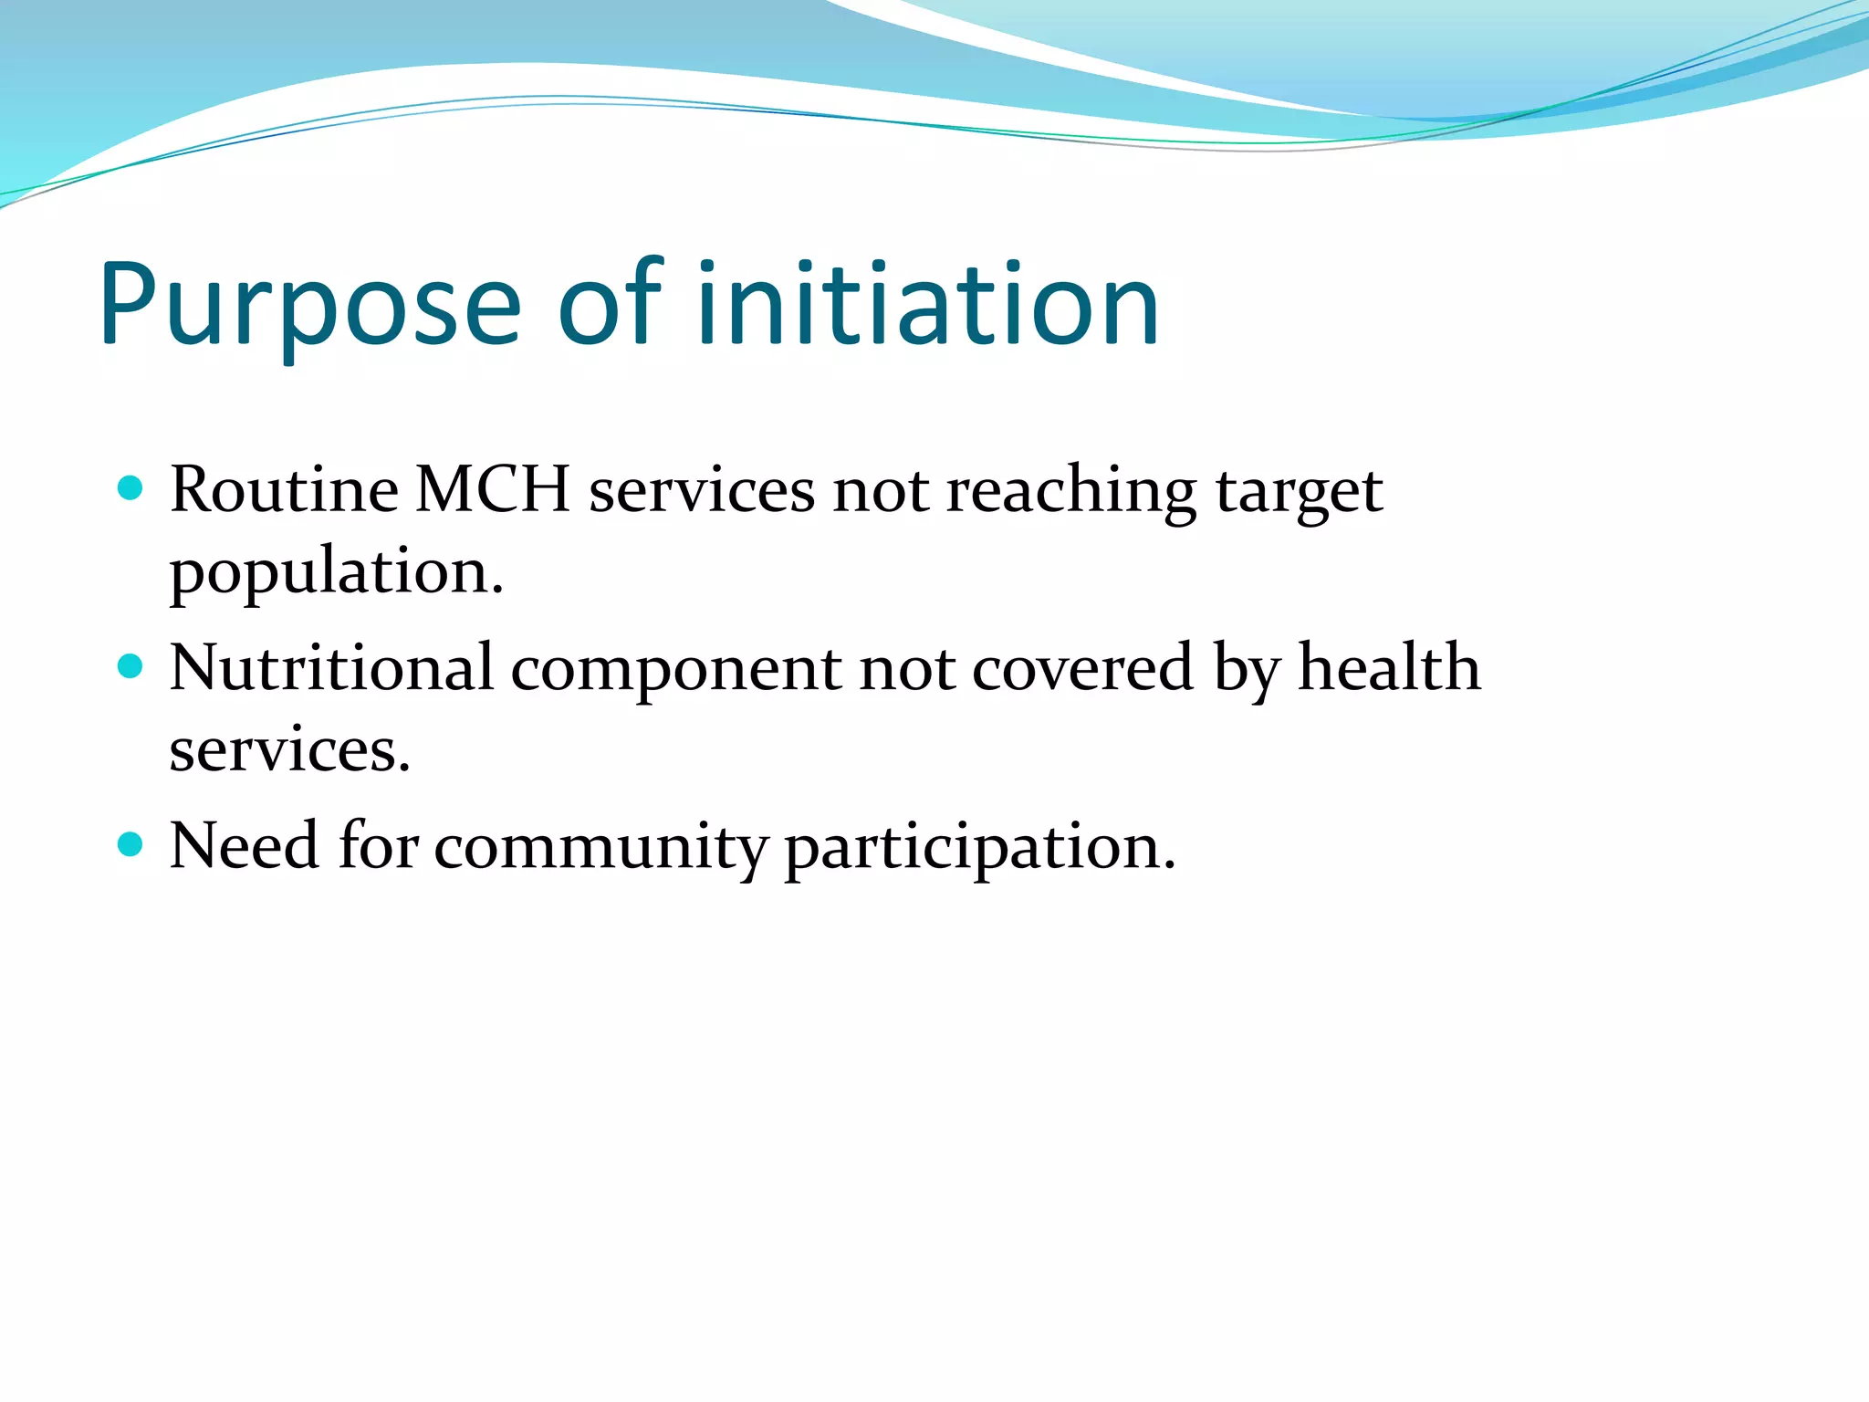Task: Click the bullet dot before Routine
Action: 131,488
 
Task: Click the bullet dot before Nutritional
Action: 131,666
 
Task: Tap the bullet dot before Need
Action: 131,844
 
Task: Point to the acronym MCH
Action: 493,489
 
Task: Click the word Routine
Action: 284,489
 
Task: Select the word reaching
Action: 1070,493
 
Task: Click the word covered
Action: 1082,668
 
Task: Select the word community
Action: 601,848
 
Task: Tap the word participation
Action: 979,850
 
